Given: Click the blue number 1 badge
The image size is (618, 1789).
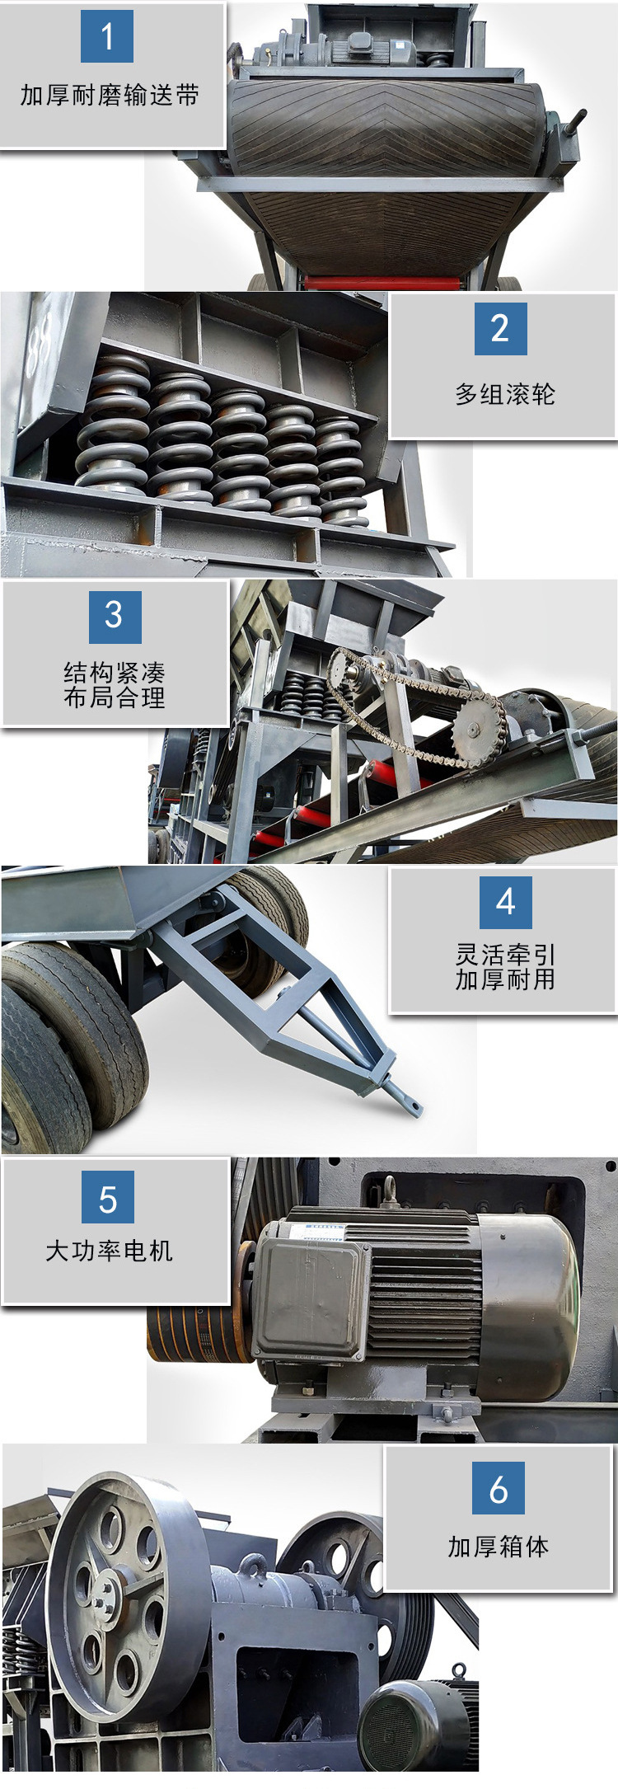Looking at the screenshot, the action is point(107,36).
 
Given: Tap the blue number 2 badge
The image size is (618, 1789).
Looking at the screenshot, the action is point(500,328).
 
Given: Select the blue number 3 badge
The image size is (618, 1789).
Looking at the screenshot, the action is point(115,617).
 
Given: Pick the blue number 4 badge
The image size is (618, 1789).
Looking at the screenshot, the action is point(506,902).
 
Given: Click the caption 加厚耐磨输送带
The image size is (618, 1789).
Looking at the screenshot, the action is point(110,96).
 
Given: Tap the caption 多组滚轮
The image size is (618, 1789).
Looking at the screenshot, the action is point(505,394).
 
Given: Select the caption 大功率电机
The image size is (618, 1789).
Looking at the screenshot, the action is point(109,1251).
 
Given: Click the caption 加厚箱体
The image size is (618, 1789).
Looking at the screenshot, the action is point(499,1546).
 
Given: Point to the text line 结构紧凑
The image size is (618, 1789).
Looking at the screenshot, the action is point(115,673).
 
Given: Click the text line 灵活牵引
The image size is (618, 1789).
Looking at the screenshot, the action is point(506,955).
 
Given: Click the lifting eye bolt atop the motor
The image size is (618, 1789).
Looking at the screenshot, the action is point(390,1190).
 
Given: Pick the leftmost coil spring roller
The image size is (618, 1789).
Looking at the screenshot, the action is point(114,425).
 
